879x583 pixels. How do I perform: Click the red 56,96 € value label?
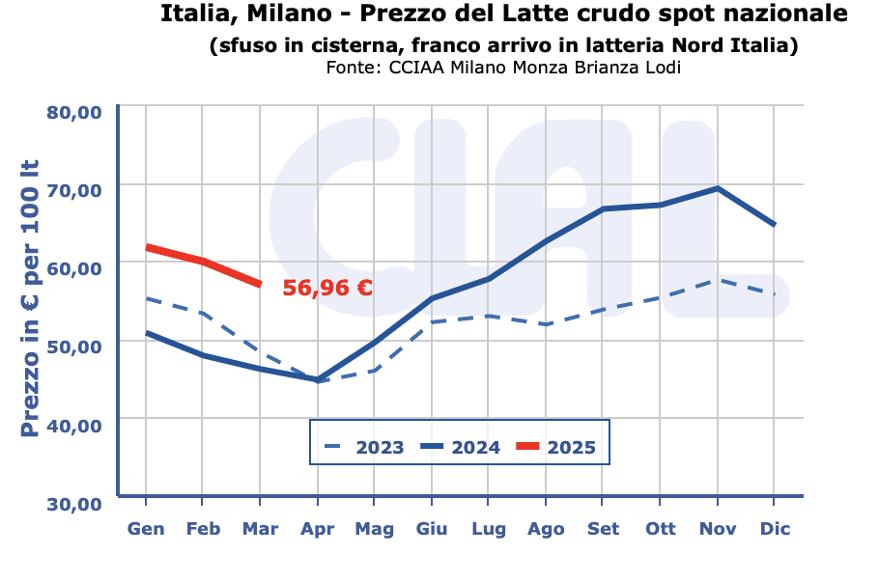point(327,288)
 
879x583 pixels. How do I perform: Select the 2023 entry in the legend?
point(363,447)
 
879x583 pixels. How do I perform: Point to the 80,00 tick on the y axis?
point(74,112)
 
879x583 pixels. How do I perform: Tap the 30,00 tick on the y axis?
point(74,503)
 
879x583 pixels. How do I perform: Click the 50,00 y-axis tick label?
point(74,347)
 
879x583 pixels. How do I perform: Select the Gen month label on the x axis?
point(146,529)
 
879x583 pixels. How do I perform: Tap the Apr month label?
point(317,529)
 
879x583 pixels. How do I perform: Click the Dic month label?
point(775,529)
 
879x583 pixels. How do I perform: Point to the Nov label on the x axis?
point(718,529)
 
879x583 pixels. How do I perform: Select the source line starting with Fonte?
point(503,68)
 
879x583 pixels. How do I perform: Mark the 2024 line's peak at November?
point(718,188)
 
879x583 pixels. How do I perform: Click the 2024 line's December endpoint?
point(775,225)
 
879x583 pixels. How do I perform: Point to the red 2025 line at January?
point(146,247)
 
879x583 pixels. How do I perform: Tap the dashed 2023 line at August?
point(546,324)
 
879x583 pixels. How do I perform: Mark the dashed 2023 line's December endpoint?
point(775,293)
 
